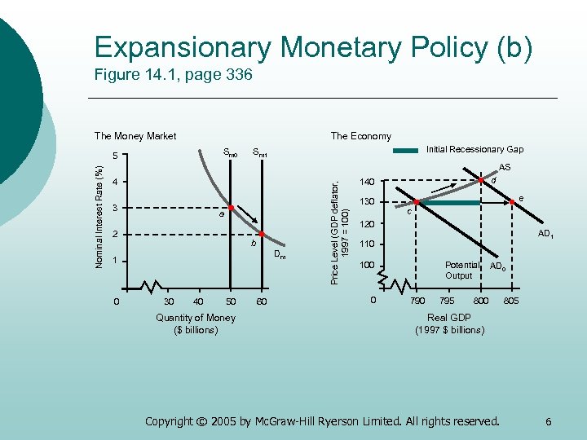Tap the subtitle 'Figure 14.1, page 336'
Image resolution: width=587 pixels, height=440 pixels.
[173, 76]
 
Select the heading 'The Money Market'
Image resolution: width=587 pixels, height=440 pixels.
[135, 136]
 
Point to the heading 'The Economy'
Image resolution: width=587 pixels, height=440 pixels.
[360, 136]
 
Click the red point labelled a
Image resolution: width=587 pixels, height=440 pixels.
[232, 209]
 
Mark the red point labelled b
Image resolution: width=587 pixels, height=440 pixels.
[261, 235]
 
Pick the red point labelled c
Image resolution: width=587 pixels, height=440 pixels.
[416, 202]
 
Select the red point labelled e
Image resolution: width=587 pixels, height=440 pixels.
[512, 202]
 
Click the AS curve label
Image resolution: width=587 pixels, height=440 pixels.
[505, 166]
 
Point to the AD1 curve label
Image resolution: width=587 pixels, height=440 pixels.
[545, 235]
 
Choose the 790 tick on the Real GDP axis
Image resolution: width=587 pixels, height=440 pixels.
[417, 301]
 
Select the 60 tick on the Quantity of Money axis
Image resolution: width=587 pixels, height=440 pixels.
[261, 302]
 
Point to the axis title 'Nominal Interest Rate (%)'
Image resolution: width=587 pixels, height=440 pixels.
[99, 216]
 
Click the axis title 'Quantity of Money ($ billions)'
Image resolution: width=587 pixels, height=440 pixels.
[196, 323]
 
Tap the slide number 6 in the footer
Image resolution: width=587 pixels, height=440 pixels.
[549, 421]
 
